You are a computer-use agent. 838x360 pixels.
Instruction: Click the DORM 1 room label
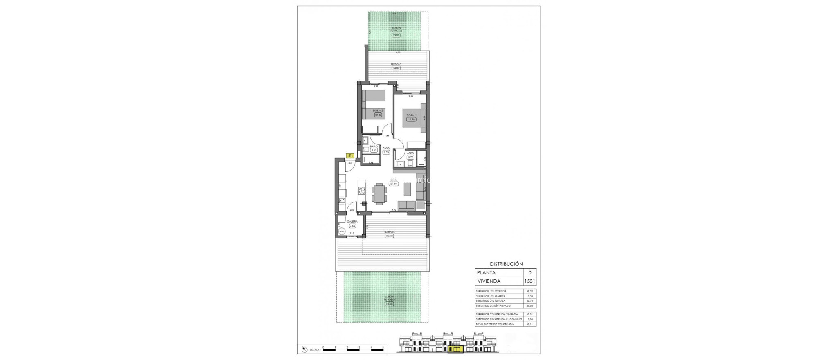tap(411, 115)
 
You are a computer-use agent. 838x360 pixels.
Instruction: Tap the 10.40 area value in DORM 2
tap(378, 115)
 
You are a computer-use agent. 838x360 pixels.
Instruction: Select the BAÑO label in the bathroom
tap(374, 146)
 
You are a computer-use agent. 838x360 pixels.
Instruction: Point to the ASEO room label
tap(410, 153)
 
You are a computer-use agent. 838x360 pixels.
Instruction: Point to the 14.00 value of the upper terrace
tap(396, 68)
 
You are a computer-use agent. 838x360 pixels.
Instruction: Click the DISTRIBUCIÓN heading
tap(506, 264)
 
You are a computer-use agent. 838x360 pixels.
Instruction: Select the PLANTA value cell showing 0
tap(529, 273)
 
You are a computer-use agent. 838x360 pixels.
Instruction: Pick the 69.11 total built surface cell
tap(530, 324)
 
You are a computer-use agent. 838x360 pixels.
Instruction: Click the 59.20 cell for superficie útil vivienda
tap(530, 291)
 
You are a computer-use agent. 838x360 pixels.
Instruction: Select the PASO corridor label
tap(386, 148)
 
